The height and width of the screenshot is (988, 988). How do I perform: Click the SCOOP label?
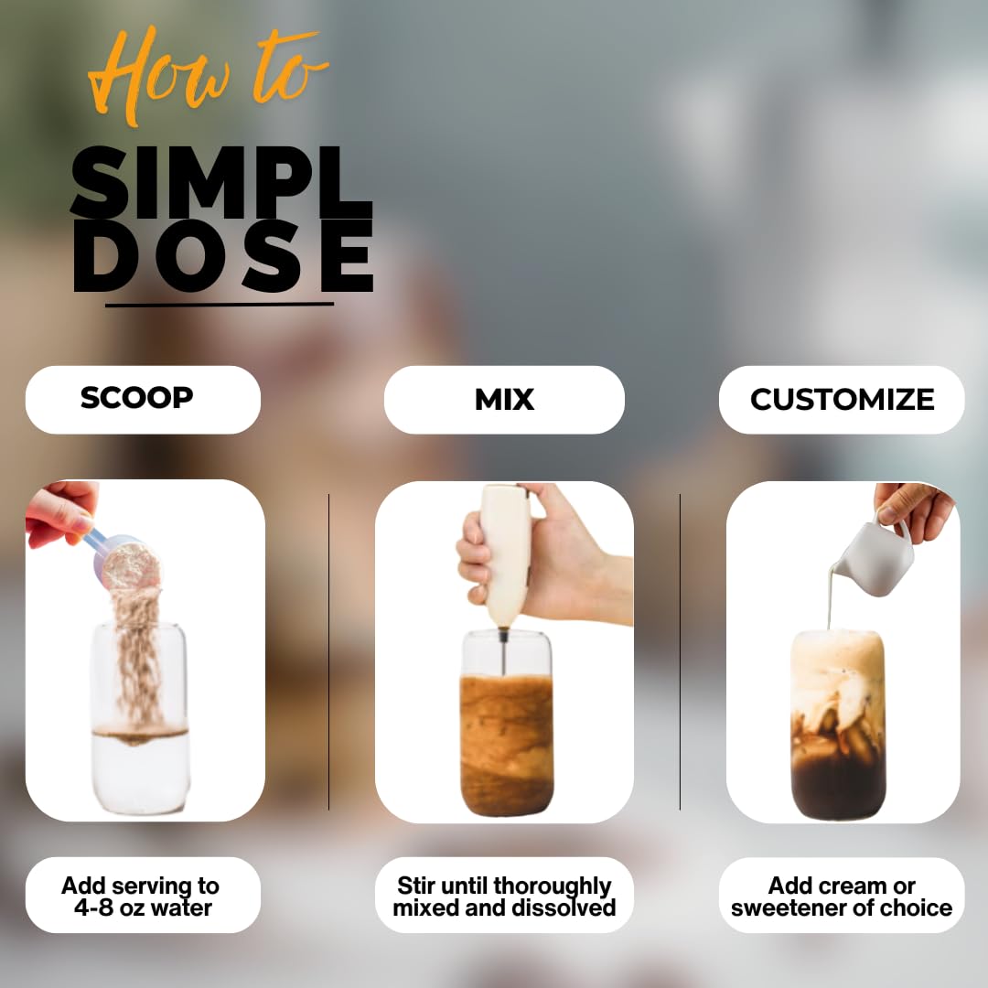pos(137,398)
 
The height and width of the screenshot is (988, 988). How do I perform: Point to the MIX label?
pos(504,400)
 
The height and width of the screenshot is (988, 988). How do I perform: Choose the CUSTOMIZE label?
pos(842,400)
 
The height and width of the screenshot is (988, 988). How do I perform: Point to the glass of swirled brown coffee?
pos(506,732)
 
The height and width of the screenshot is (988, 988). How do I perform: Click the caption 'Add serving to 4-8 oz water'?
pos(141,897)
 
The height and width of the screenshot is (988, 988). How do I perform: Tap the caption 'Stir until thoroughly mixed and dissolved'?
pos(504,897)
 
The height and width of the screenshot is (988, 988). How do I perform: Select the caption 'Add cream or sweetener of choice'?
pos(842,897)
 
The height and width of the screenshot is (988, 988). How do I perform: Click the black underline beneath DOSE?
pos(220,304)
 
